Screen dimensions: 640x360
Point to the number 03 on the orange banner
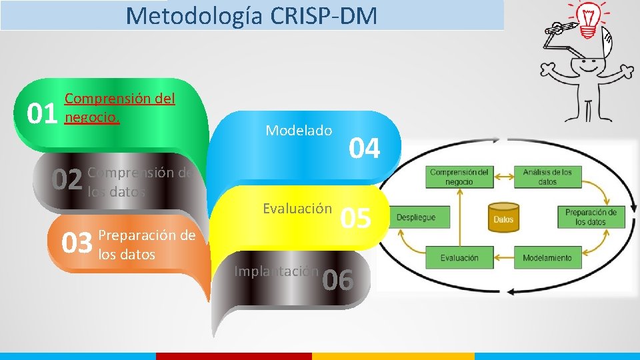tap(77, 244)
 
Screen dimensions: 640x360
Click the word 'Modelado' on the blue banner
tap(299, 131)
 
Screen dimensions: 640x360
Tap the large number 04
tap(365, 149)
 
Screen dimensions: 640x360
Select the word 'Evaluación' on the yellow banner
tap(297, 209)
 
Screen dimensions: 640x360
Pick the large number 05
tap(355, 217)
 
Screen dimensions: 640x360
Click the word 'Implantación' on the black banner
tap(276, 271)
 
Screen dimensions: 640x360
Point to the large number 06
tap(337, 281)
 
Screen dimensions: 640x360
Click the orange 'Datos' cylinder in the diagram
tap(503, 217)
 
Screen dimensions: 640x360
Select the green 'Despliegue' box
tap(417, 217)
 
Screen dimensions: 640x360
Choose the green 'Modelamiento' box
tap(547, 257)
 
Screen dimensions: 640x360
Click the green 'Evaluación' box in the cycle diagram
tap(459, 257)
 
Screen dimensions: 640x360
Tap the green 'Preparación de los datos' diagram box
tap(590, 217)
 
